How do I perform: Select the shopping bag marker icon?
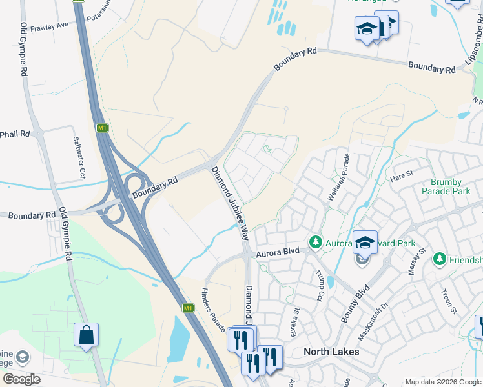pos(86,335)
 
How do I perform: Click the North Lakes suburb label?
pos(331,352)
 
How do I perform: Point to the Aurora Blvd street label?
pos(278,254)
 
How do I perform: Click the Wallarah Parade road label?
pos(339,177)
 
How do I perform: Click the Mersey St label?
pos(416,261)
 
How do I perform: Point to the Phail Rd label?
pos(15,134)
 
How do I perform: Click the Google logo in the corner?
pos(21,379)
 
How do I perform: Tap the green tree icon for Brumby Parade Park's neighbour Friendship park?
pos(440,259)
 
